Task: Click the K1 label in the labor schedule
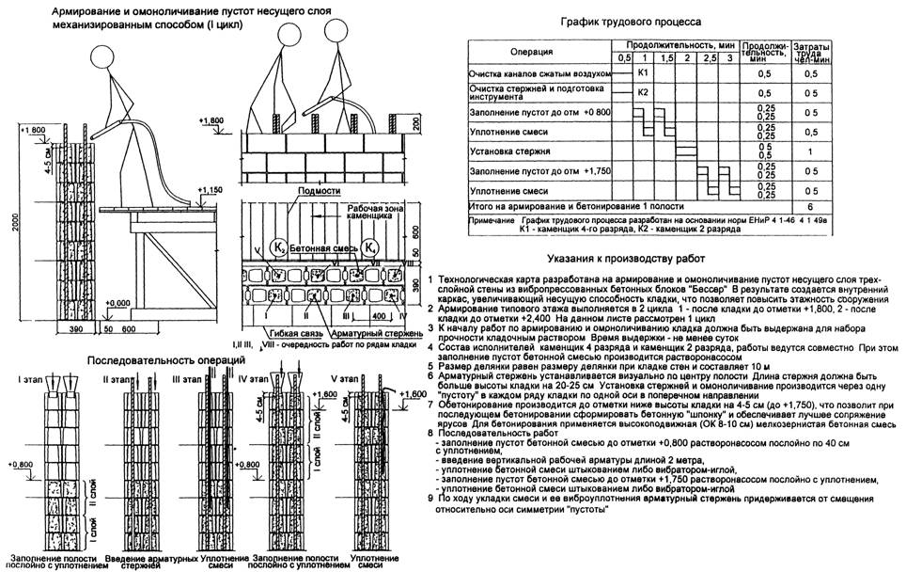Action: tap(643, 72)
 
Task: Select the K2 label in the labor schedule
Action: tap(643, 92)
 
